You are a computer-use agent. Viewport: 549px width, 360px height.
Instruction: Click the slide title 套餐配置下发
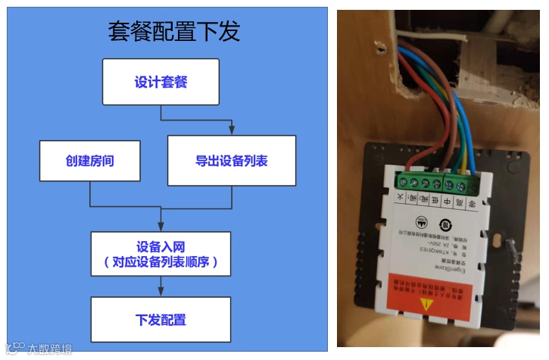coord(173,31)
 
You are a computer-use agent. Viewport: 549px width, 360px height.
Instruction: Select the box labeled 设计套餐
coord(161,82)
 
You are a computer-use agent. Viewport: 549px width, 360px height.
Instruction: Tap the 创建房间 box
coord(90,161)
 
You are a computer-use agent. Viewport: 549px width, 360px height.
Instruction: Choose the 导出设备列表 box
coord(231,161)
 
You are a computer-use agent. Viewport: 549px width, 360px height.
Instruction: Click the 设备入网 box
coord(161,255)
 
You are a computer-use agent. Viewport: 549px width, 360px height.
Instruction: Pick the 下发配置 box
coord(161,319)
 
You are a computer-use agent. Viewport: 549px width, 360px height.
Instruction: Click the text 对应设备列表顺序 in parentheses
coord(161,263)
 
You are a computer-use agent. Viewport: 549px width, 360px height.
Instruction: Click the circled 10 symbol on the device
coord(448,224)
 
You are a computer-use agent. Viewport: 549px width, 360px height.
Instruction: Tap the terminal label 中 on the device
coord(447,201)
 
